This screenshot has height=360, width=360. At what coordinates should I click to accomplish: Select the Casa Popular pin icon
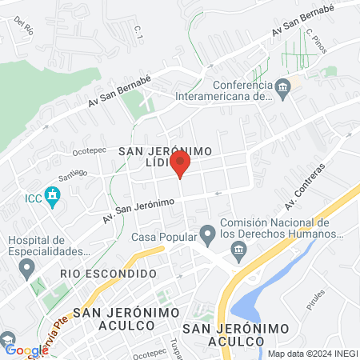208,234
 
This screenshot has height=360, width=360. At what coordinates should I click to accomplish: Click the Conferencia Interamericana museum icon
281,87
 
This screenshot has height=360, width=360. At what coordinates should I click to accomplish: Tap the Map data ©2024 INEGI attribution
311,354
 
